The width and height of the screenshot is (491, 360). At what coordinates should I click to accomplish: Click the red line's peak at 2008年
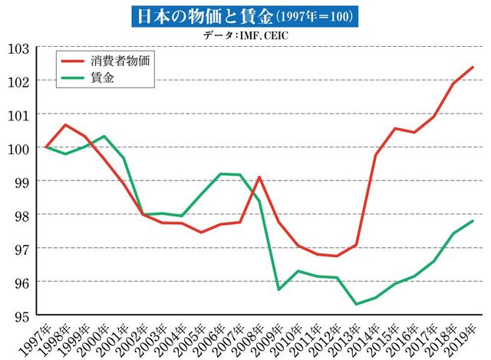[x=259, y=177]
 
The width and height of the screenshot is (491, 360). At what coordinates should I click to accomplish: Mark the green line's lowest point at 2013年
[x=357, y=304]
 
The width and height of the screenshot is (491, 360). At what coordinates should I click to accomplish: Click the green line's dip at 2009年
[x=278, y=289]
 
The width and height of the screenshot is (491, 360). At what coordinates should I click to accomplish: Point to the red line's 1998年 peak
[x=65, y=124]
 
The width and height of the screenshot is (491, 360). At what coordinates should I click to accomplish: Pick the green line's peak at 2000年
[x=104, y=137]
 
